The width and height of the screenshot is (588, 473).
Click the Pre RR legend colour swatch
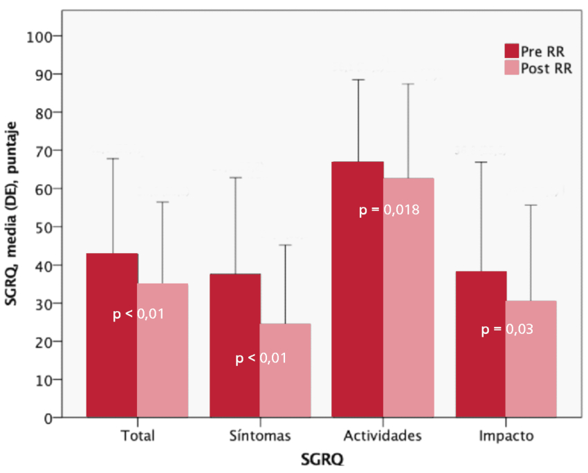pyautogui.click(x=511, y=50)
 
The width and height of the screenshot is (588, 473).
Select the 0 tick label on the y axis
pyautogui.click(x=50, y=418)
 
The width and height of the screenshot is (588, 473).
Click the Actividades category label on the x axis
pyautogui.click(x=383, y=436)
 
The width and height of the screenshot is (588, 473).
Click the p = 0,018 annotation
pyautogui.click(x=389, y=210)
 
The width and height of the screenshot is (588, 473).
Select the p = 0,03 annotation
pyautogui.click(x=507, y=330)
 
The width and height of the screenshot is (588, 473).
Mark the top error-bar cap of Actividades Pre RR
pyautogui.click(x=358, y=80)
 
